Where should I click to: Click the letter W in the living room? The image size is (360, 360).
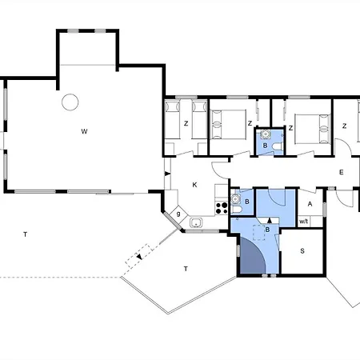point(84,131)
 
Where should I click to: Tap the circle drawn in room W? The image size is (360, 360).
point(70,102)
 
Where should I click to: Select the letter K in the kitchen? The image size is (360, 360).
point(194,185)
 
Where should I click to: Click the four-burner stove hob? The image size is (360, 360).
point(222,208)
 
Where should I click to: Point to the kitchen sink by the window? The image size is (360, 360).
point(196,222)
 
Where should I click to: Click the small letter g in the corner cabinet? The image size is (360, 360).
point(178,214)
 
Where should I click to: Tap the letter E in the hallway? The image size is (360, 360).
point(342,172)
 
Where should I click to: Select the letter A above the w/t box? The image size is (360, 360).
point(310,204)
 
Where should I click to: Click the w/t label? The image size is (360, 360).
point(303,222)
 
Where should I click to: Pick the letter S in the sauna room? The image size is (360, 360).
point(302,251)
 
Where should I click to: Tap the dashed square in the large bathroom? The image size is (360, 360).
point(258,233)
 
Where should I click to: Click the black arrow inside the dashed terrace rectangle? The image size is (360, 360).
point(139,257)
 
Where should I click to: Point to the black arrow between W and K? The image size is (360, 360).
point(167,174)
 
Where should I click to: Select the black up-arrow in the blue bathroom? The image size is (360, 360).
point(270,220)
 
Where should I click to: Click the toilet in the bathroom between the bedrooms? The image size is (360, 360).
point(278,146)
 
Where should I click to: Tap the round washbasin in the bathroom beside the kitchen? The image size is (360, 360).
point(235,199)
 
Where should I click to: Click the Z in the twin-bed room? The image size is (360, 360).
point(186,123)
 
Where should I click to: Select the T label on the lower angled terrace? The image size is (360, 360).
point(186,269)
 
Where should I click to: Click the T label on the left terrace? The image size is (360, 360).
point(26,234)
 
